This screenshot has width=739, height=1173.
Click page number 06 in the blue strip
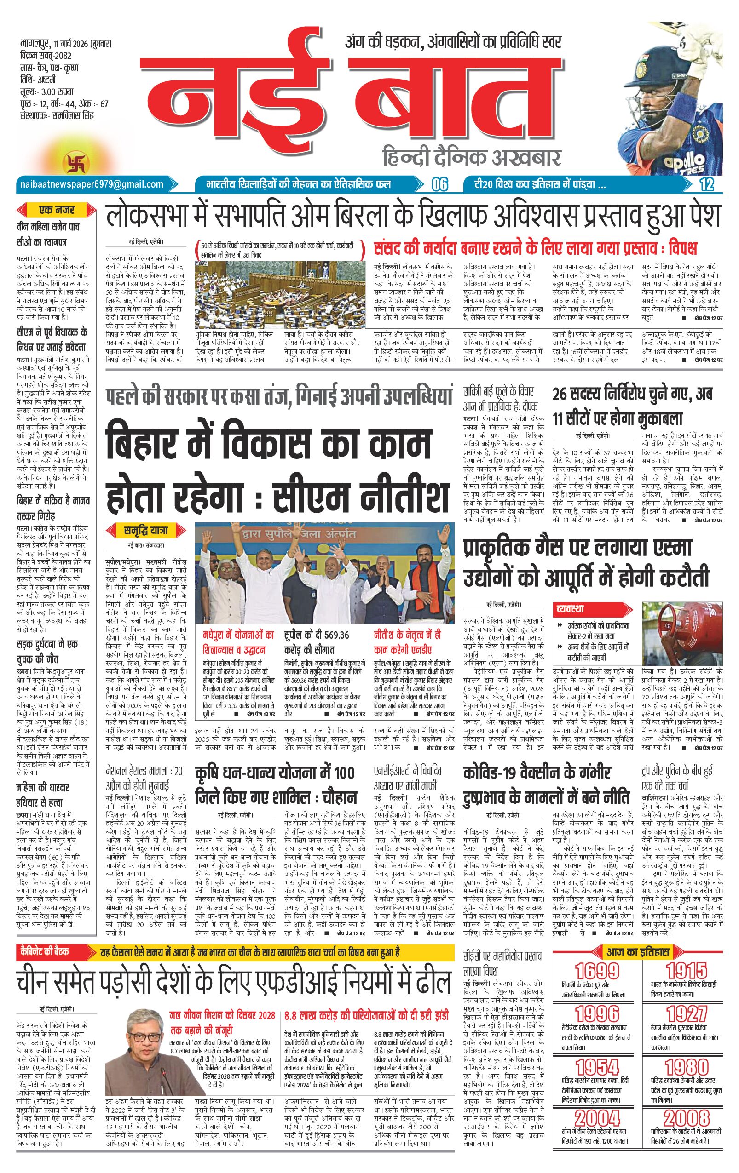pos(439,185)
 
